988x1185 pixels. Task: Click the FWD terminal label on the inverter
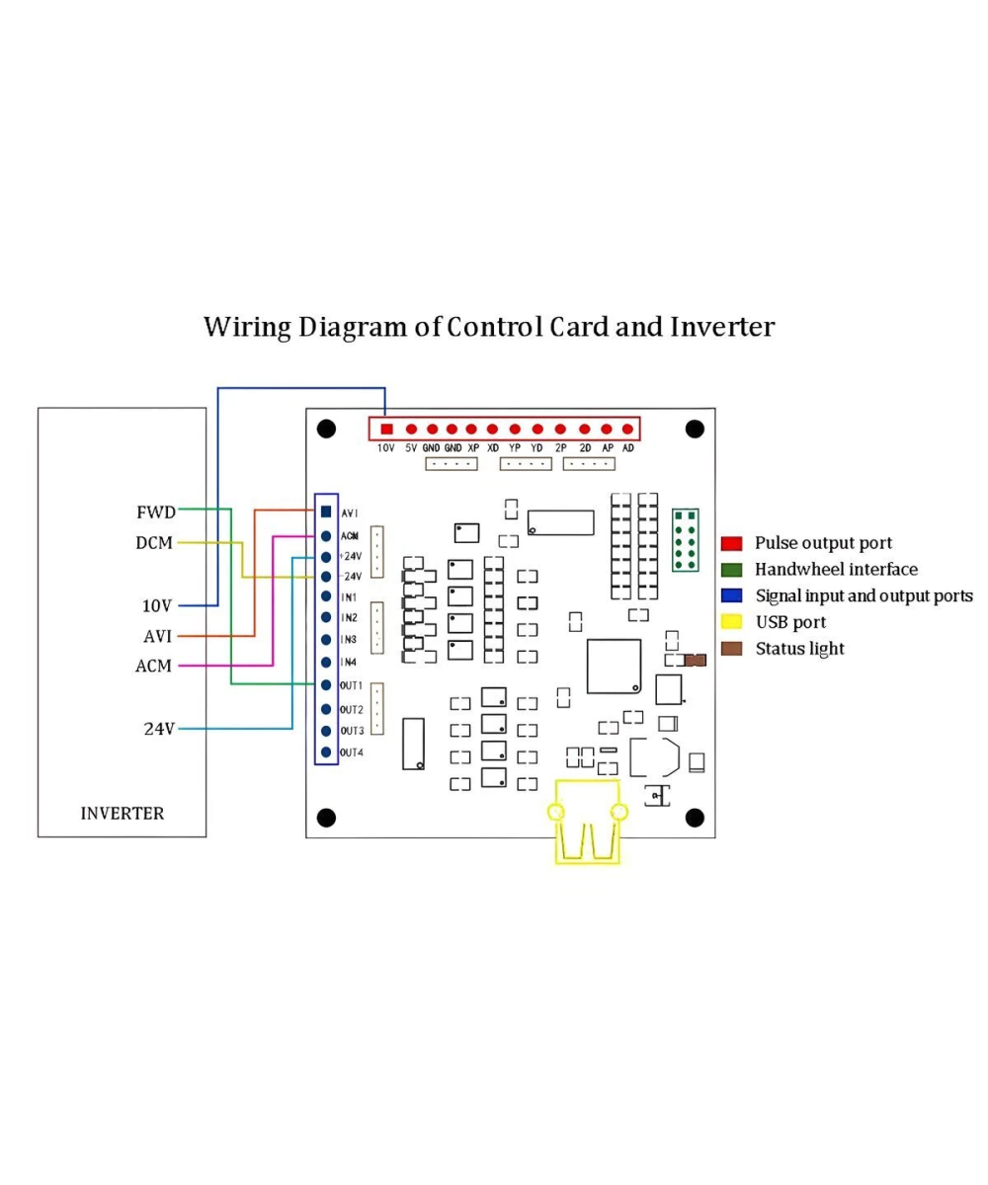point(155,513)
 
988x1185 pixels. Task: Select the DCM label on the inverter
point(154,543)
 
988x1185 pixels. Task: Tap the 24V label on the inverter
point(159,729)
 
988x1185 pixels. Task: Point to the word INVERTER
point(123,814)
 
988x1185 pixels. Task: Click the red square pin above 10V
point(386,429)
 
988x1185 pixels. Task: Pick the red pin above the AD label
point(627,429)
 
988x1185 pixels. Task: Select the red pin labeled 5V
point(412,429)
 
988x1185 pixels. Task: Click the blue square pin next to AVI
point(326,512)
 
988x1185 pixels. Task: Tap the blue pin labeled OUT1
point(326,685)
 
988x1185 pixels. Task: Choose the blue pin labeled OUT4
point(326,751)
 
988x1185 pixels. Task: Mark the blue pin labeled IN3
point(326,640)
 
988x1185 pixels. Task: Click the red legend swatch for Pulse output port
point(731,543)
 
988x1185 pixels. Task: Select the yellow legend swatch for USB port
point(731,622)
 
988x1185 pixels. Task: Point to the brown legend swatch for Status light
point(731,649)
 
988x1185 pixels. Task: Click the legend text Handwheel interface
point(836,569)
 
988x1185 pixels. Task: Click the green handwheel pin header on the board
point(685,540)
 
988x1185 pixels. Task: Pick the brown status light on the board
point(696,660)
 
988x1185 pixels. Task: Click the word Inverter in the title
point(722,327)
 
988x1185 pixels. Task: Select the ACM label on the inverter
point(153,666)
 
